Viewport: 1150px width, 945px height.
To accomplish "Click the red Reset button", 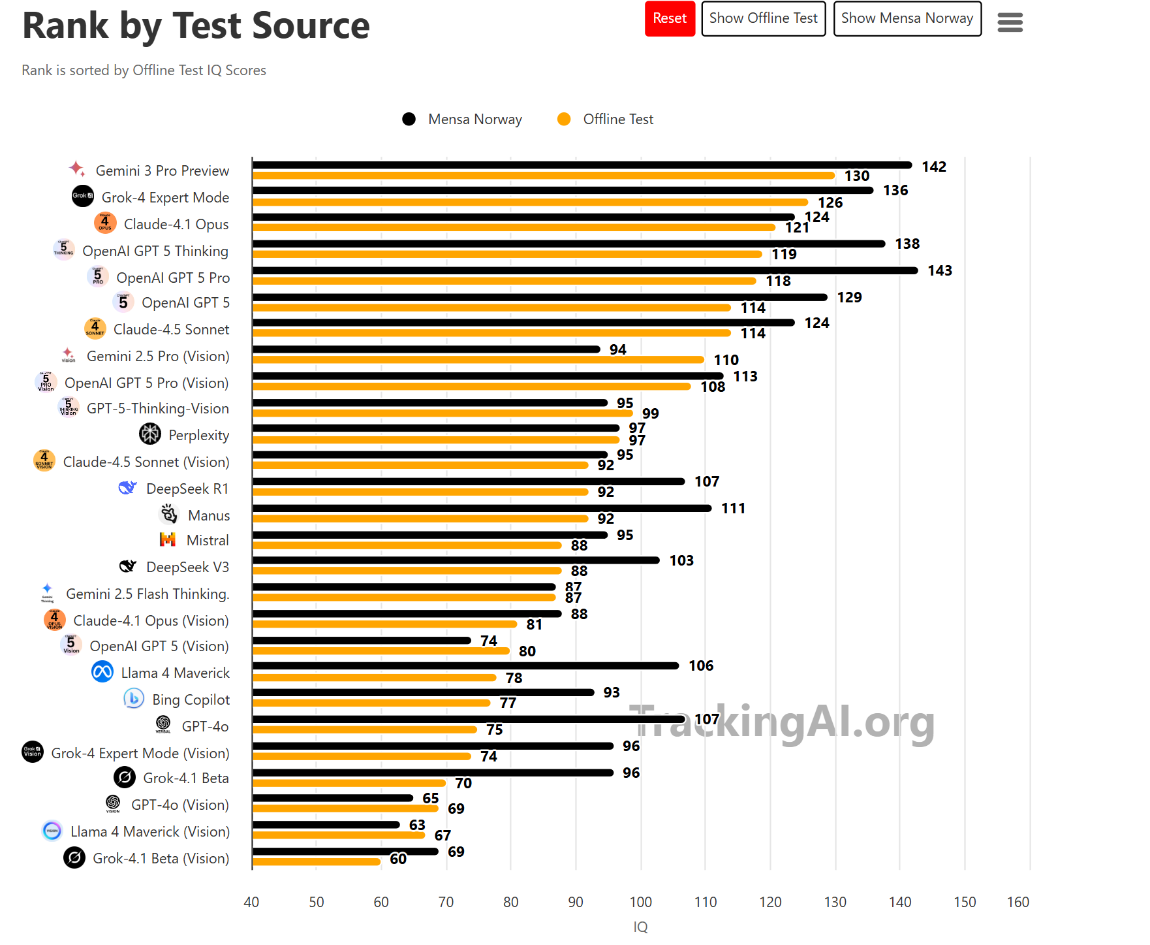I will click(670, 18).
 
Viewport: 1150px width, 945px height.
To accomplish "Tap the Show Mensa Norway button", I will click(907, 18).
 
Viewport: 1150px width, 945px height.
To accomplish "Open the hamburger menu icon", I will click(1010, 23).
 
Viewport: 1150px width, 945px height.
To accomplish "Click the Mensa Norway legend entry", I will click(462, 119).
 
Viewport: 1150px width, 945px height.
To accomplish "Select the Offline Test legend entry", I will click(605, 119).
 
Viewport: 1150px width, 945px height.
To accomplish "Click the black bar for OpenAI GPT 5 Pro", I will click(584, 270).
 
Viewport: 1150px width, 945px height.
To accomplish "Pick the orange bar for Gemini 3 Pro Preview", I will click(543, 176).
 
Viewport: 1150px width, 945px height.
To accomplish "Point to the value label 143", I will click(939, 270).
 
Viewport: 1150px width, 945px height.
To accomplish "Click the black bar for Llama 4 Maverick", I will click(465, 665).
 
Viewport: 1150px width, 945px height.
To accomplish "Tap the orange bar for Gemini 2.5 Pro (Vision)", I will click(478, 360).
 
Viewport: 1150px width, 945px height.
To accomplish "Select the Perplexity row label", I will click(198, 435).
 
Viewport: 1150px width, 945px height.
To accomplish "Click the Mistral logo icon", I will click(168, 539).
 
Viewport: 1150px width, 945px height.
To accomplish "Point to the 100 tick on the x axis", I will click(640, 902).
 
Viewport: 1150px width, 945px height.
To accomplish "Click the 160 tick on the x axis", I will click(1018, 902).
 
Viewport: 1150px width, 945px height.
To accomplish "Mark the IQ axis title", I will click(640, 927).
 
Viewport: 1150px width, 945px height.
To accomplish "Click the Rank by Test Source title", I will click(196, 26).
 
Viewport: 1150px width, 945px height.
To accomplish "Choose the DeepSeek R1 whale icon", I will click(127, 488).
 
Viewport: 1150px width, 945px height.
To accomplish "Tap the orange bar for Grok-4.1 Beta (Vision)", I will click(317, 861).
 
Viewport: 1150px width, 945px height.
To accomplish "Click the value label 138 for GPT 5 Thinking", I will click(907, 244).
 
